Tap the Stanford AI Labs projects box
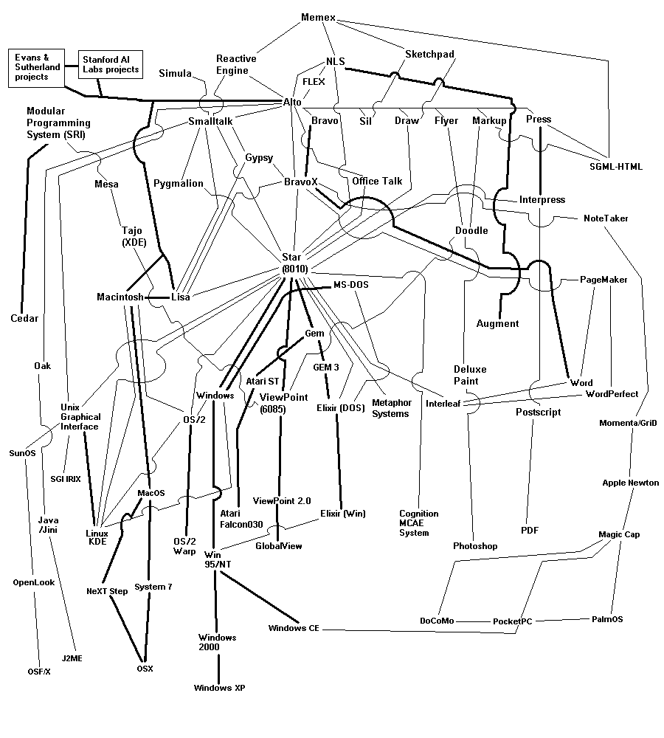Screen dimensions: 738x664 [111, 64]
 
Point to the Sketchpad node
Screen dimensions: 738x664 [429, 54]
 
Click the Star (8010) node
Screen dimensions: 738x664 [295, 263]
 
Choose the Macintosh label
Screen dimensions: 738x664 [120, 297]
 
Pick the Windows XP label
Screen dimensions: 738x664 [219, 688]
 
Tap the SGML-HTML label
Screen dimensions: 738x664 [617, 167]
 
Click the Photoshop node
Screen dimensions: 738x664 [475, 546]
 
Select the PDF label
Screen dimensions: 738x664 [530, 530]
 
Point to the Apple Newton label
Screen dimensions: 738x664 [631, 483]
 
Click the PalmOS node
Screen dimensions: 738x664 [607, 619]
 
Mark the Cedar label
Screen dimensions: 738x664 [24, 319]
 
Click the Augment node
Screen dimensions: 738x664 [497, 323]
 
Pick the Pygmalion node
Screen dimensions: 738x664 [179, 183]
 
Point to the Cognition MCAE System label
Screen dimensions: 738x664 [418, 523]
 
